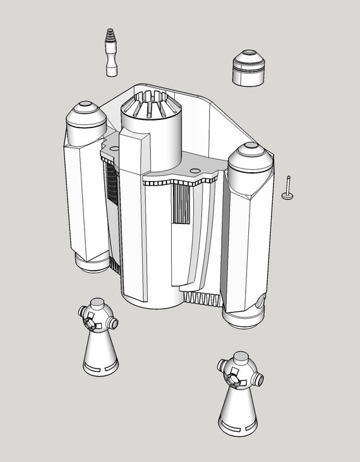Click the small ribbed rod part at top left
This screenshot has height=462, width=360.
tap(111, 52)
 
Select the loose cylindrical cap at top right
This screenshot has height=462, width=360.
tap(249, 68)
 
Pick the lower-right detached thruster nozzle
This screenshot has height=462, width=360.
tap(238, 393)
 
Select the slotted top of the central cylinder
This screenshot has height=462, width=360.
tap(152, 104)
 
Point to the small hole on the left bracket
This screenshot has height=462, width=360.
tap(114, 148)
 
